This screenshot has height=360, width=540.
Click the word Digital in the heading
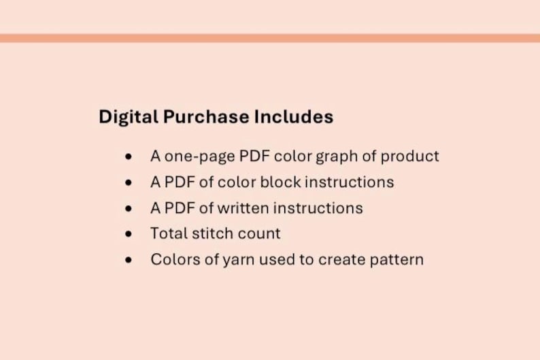click(129, 117)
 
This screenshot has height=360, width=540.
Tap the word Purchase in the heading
click(206, 117)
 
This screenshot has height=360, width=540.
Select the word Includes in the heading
click(294, 117)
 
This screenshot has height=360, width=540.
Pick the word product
click(409, 157)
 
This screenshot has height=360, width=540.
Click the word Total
click(168, 234)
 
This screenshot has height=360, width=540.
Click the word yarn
click(237, 260)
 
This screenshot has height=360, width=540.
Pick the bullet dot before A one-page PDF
click(129, 157)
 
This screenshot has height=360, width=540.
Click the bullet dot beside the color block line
click(129, 183)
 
